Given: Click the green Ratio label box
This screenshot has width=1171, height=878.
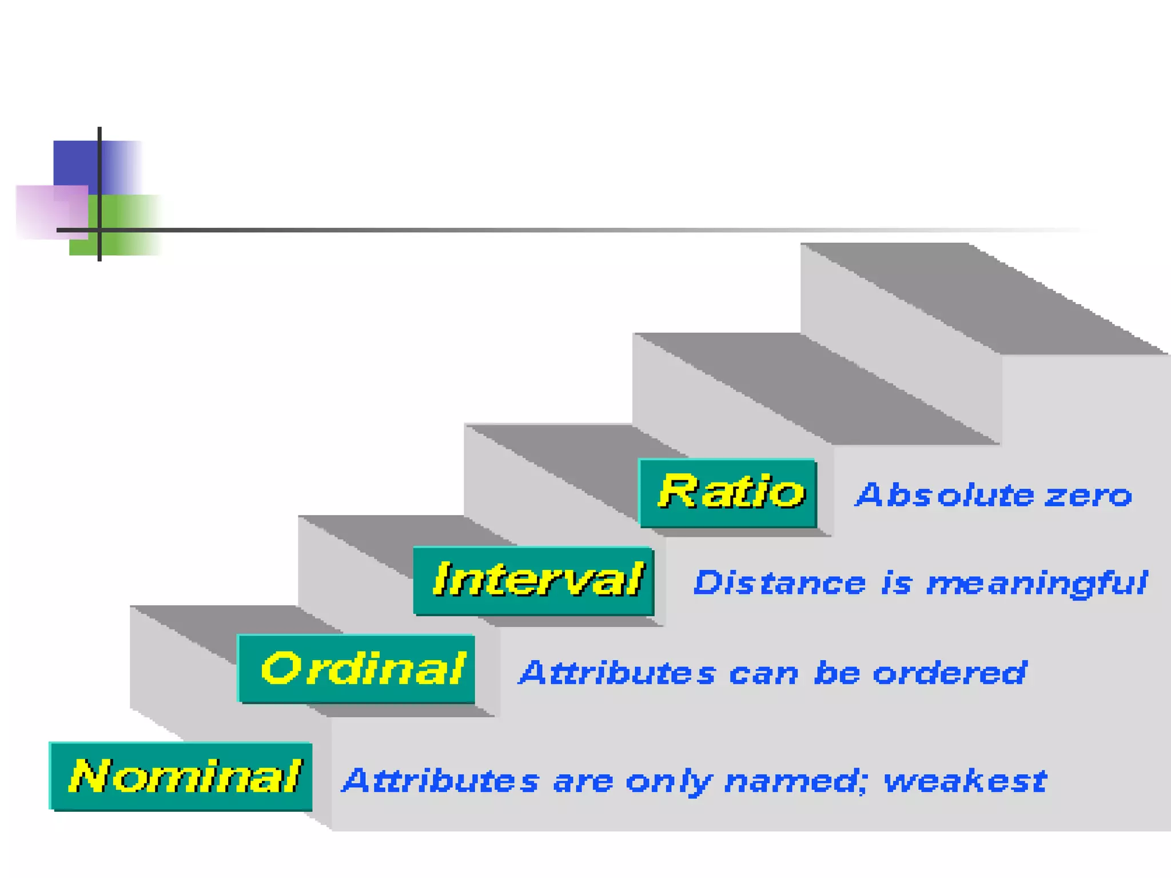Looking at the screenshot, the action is click(728, 493).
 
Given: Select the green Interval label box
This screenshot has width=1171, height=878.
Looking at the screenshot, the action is click(533, 581).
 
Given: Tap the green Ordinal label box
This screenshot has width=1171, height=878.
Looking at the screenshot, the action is click(356, 669).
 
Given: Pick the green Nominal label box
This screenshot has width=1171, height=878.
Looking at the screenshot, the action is click(181, 776).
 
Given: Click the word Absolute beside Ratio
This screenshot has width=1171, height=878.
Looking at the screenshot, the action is click(945, 495).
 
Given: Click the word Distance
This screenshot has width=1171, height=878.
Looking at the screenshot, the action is click(779, 584).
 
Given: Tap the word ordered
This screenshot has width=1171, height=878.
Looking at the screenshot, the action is click(950, 673).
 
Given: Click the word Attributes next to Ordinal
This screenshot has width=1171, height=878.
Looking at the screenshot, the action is click(617, 673).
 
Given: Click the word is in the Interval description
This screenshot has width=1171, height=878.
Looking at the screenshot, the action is click(896, 584).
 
